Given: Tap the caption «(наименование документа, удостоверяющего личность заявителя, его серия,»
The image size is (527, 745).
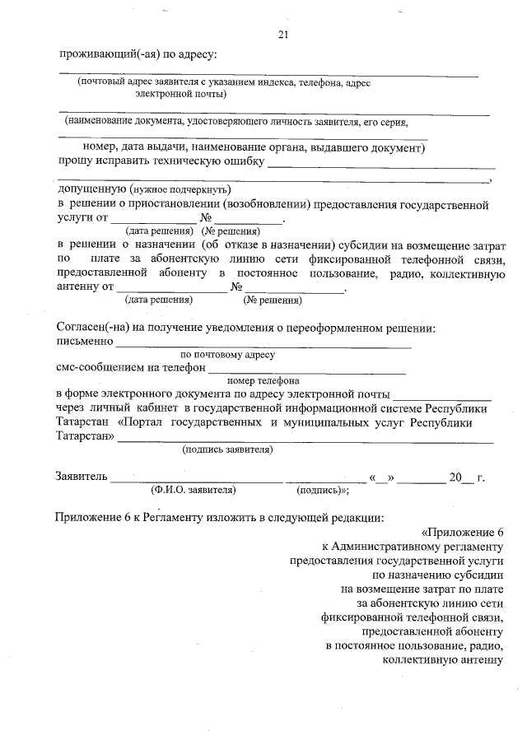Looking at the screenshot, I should coord(237,122).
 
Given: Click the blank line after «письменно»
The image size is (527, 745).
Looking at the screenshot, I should coord(263,341).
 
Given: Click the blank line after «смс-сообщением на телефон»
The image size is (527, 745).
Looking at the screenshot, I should coord(306,368).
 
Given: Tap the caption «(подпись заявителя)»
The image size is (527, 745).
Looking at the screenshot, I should coord(227,449).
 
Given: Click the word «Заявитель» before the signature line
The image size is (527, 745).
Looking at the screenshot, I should coord(81,477).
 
